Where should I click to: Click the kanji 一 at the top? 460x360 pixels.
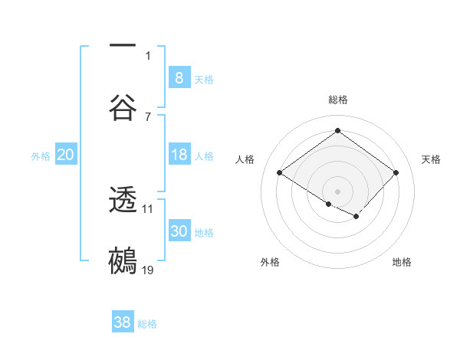click(123, 47)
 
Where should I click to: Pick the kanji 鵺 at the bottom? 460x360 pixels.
click(123, 260)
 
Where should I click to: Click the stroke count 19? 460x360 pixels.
click(148, 270)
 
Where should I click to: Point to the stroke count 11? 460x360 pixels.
click(148, 208)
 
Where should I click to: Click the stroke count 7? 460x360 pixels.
click(148, 116)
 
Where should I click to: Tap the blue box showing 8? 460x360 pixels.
click(179, 77)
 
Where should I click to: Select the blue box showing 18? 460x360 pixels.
click(179, 155)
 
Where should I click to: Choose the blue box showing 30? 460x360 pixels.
click(179, 231)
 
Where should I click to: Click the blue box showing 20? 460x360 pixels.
click(65, 155)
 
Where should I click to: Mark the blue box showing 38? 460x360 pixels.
click(123, 322)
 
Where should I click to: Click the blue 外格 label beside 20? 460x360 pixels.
click(41, 156)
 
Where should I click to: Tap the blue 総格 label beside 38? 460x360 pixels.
click(147, 324)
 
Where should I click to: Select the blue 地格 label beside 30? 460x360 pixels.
click(204, 233)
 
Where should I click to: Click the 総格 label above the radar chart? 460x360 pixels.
click(337, 100)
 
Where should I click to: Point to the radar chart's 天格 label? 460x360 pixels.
click(432, 159)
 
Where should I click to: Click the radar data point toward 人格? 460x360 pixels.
click(280, 173)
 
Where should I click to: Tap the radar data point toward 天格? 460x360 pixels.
click(396, 173)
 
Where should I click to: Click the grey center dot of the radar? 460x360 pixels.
click(337, 190)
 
